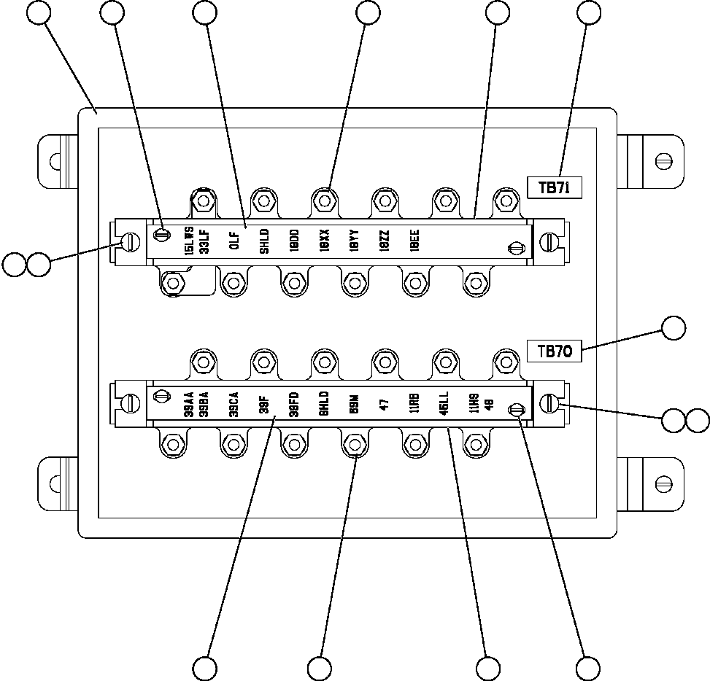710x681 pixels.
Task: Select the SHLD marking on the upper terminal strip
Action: tap(264, 241)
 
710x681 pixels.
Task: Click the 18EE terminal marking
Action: tap(414, 241)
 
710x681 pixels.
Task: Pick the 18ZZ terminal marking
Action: tap(385, 241)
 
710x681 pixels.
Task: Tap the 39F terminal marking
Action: tap(263, 404)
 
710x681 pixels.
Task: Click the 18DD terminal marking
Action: tap(294, 241)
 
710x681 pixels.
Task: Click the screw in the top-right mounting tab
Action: tap(663, 160)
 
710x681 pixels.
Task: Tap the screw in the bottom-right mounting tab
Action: tap(663, 483)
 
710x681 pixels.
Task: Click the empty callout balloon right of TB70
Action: tap(674, 328)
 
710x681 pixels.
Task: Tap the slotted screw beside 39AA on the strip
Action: tap(162, 397)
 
